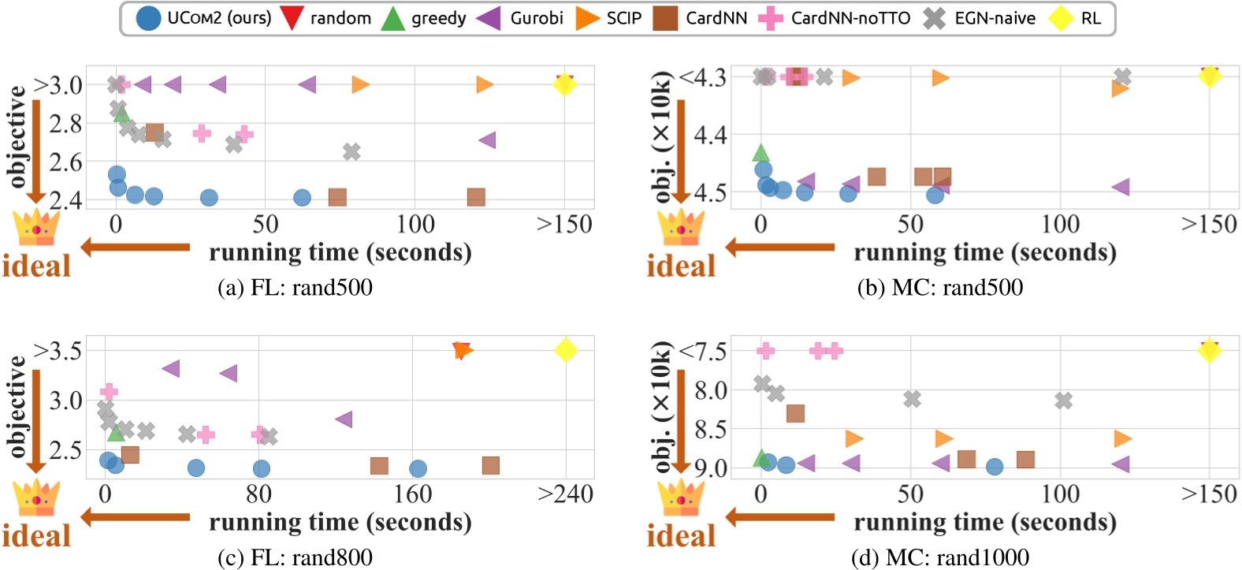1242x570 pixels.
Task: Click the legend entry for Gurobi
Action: pos(520,18)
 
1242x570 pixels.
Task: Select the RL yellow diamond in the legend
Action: pos(1061,18)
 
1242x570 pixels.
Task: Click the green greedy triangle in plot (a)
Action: pos(121,115)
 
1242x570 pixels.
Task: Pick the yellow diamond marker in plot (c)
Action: pos(565,350)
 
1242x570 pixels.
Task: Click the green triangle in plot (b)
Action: pos(760,152)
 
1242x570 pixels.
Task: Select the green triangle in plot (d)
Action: pos(761,458)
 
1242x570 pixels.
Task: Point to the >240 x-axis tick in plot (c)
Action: pos(565,494)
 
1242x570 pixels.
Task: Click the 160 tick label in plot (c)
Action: pos(412,494)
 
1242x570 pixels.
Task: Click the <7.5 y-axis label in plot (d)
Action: pos(703,350)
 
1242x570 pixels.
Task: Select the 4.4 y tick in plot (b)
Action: pos(710,135)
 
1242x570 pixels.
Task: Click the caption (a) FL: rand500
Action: pos(295,287)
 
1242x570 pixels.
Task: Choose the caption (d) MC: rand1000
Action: pos(939,557)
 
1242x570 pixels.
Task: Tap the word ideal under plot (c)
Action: pos(36,536)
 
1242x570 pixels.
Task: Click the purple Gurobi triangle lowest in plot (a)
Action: pos(487,140)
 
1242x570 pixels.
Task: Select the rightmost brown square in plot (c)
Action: pos(491,465)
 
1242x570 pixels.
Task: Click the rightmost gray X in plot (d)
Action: pos(1063,400)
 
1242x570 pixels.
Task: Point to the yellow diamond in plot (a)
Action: pos(564,84)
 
